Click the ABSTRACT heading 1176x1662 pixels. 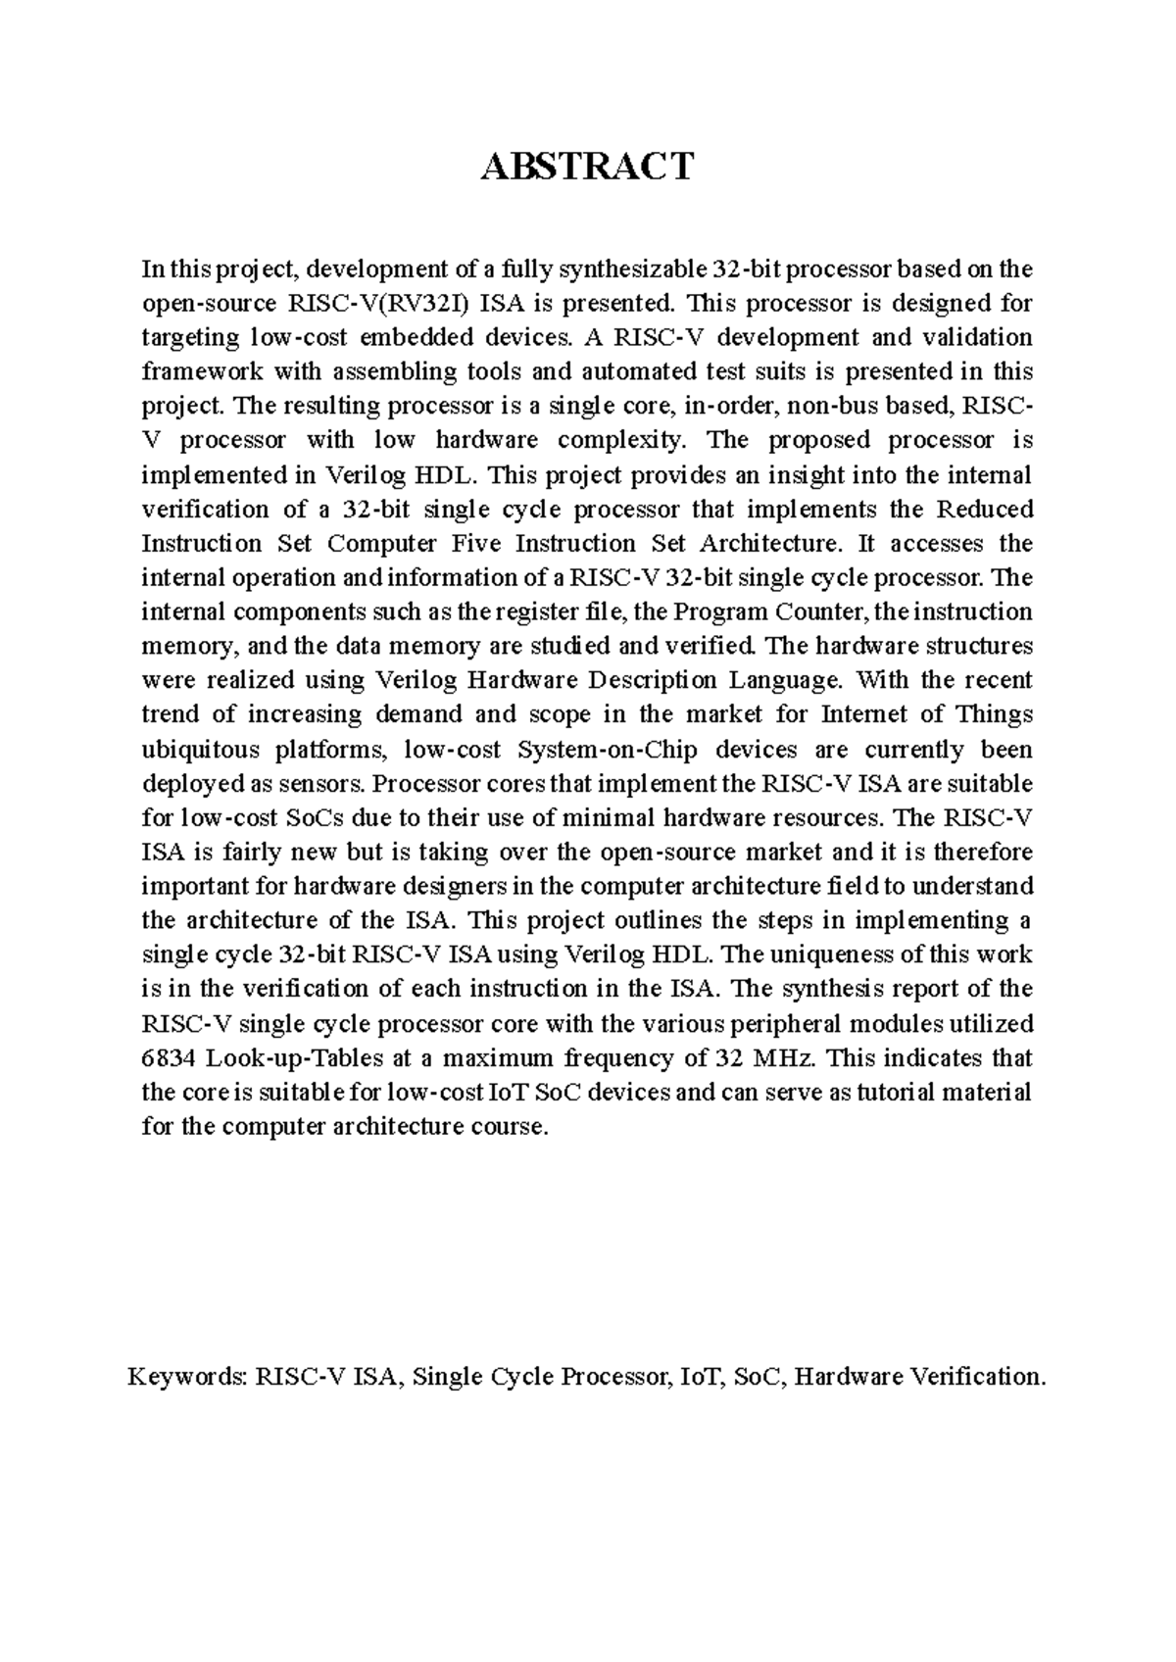click(x=587, y=167)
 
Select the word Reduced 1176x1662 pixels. click(x=985, y=510)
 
